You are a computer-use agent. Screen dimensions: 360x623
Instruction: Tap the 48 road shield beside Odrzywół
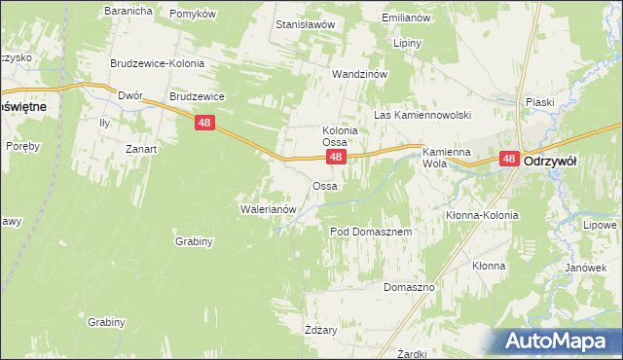tap(509, 159)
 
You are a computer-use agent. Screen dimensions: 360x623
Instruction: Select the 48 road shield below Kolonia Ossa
tap(335, 157)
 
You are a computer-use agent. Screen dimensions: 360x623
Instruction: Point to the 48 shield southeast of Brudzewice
tap(203, 123)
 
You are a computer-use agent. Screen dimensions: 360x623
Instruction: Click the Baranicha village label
tap(128, 11)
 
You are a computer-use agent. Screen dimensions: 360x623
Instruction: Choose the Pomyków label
tap(192, 14)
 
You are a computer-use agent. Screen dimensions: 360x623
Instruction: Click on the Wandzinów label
tap(360, 74)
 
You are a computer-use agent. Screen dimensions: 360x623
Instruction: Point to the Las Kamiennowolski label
tap(422, 115)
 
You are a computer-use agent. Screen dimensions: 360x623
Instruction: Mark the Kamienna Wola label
tap(446, 158)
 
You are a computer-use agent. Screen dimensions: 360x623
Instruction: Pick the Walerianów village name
tap(267, 208)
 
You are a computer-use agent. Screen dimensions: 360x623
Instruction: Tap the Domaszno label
tap(408, 288)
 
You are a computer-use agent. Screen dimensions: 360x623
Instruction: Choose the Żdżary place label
tap(320, 330)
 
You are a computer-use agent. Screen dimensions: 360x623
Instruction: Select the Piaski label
tap(539, 101)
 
